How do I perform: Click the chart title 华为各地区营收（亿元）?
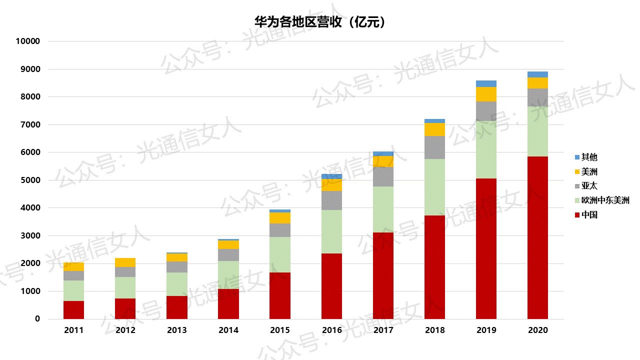point(319,22)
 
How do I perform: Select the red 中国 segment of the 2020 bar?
point(537,237)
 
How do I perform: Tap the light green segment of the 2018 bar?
point(434,187)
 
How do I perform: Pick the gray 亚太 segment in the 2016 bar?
point(331,200)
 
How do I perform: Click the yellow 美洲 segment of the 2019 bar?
point(486,94)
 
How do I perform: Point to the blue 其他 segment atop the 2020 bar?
point(537,74)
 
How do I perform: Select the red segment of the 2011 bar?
point(74,310)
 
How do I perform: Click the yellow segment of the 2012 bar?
point(125,262)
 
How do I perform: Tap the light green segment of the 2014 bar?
point(228,275)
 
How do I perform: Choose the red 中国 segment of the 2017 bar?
point(383,275)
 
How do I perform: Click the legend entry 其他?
point(589,157)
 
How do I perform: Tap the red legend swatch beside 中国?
point(577,215)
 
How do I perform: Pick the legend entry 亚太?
point(589,186)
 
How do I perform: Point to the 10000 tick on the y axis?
point(27,41)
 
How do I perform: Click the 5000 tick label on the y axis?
point(30,180)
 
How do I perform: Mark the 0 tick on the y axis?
point(37,319)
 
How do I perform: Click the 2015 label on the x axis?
point(280,330)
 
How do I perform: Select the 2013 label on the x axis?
point(177,330)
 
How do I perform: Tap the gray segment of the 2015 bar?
point(280,230)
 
